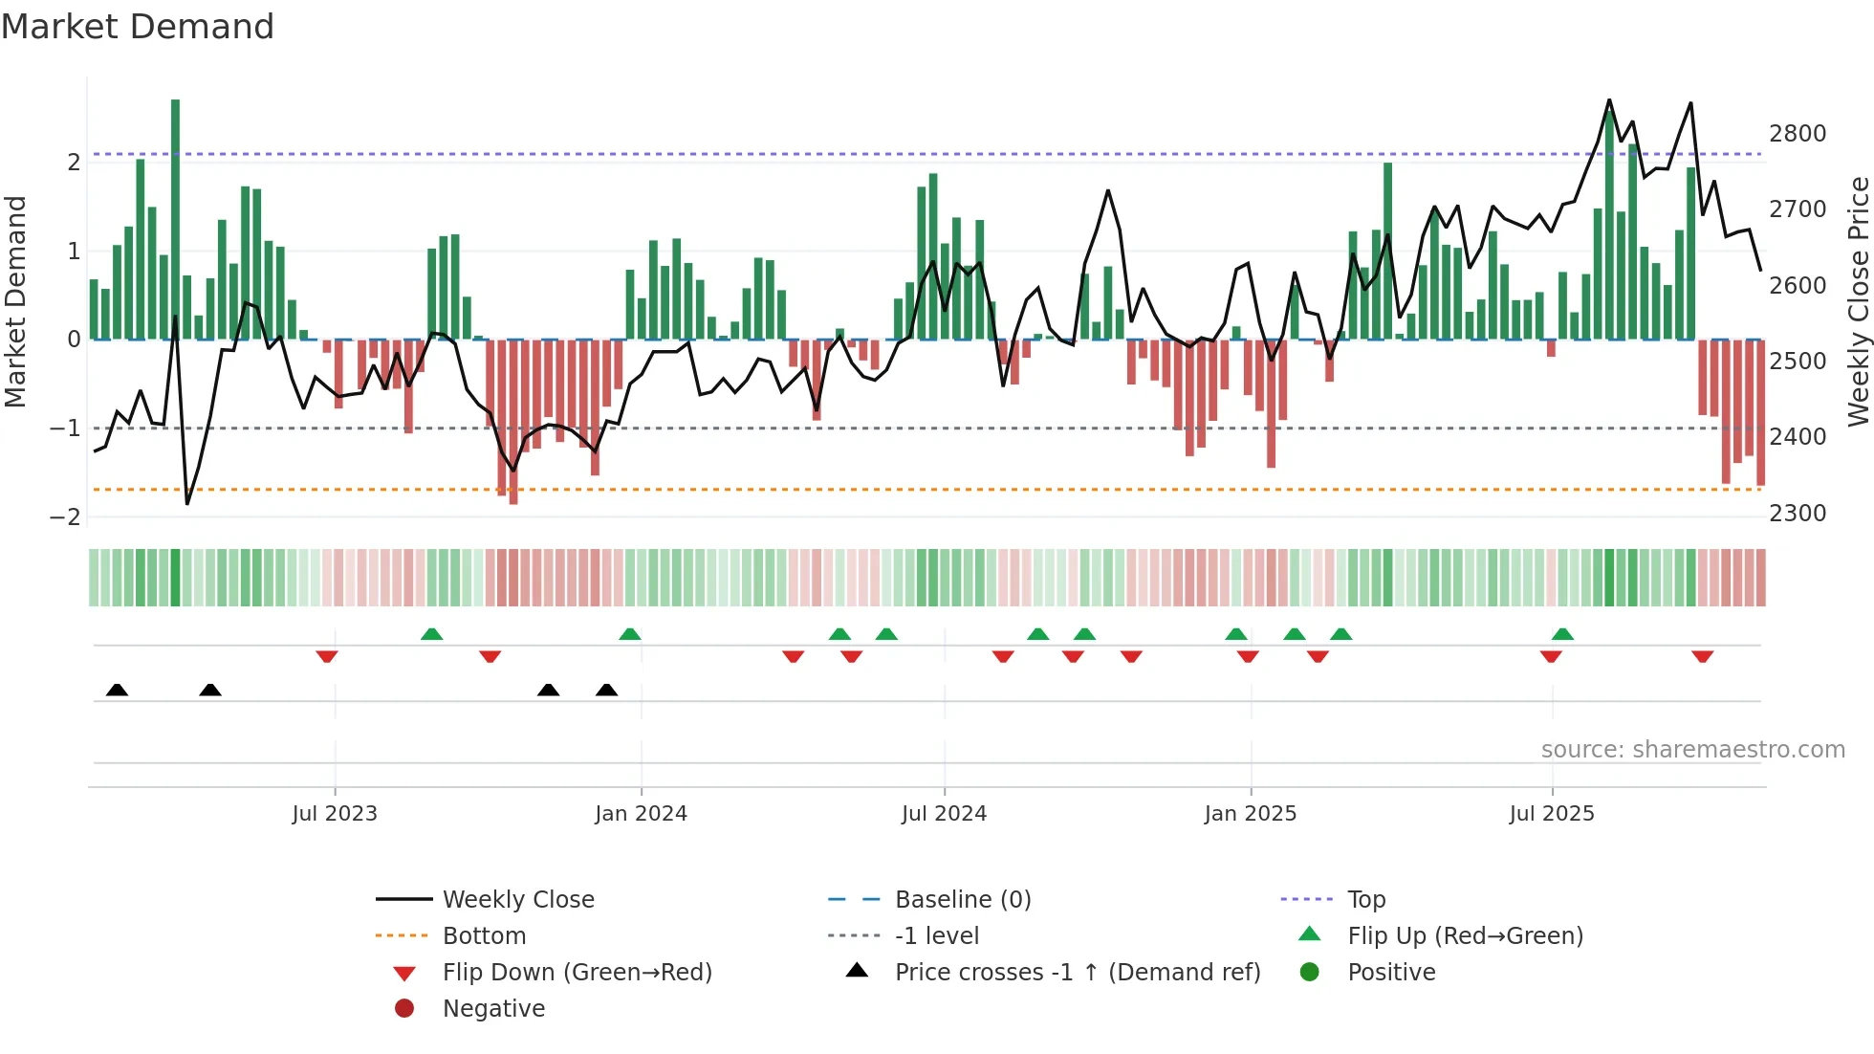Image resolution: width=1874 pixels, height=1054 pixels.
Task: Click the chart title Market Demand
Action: click(138, 27)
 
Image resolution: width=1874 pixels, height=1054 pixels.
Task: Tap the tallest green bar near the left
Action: click(175, 220)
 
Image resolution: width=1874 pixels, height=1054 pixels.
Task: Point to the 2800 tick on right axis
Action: click(1797, 134)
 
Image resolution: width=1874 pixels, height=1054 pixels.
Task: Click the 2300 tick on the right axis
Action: click(1797, 514)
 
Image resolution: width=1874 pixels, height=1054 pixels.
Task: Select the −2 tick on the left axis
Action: click(65, 517)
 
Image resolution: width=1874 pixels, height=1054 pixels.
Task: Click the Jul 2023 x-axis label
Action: click(335, 814)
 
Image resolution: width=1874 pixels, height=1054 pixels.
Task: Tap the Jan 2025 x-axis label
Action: click(1250, 814)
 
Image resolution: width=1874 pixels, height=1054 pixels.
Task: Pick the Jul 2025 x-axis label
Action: click(1551, 814)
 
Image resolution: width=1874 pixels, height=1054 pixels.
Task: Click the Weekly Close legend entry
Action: click(517, 900)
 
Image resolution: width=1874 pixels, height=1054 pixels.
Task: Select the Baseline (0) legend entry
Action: click(962, 900)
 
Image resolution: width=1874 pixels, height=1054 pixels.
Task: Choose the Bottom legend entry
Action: click(484, 936)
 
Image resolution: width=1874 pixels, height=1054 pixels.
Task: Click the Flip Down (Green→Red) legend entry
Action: click(577, 973)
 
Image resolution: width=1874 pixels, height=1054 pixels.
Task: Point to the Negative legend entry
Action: click(493, 1009)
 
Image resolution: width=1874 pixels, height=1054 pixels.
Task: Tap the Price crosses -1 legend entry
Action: click(1077, 973)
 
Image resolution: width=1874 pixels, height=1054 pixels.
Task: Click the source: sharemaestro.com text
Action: click(1692, 750)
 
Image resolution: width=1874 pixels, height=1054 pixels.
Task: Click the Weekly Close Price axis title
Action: click(1858, 301)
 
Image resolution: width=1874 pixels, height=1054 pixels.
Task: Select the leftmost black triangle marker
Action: click(117, 690)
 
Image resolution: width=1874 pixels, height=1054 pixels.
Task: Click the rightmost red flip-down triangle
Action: click(1702, 656)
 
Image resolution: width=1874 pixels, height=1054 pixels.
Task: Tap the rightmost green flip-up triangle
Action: click(1562, 634)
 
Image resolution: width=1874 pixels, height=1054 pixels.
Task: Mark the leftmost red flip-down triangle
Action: click(327, 656)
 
